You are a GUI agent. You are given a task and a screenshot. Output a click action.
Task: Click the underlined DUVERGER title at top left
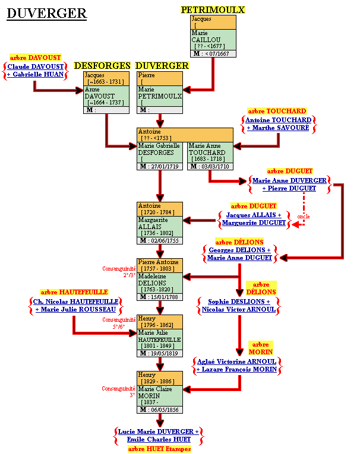(46, 14)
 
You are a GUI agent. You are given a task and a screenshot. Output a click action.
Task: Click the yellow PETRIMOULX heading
(213, 10)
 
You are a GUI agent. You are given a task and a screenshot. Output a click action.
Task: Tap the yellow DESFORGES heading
(102, 66)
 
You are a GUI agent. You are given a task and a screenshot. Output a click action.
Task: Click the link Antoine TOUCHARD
(279, 120)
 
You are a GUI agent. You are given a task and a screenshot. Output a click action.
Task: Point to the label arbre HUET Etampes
(159, 449)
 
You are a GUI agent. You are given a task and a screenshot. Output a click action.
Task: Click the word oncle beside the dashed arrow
(303, 217)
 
